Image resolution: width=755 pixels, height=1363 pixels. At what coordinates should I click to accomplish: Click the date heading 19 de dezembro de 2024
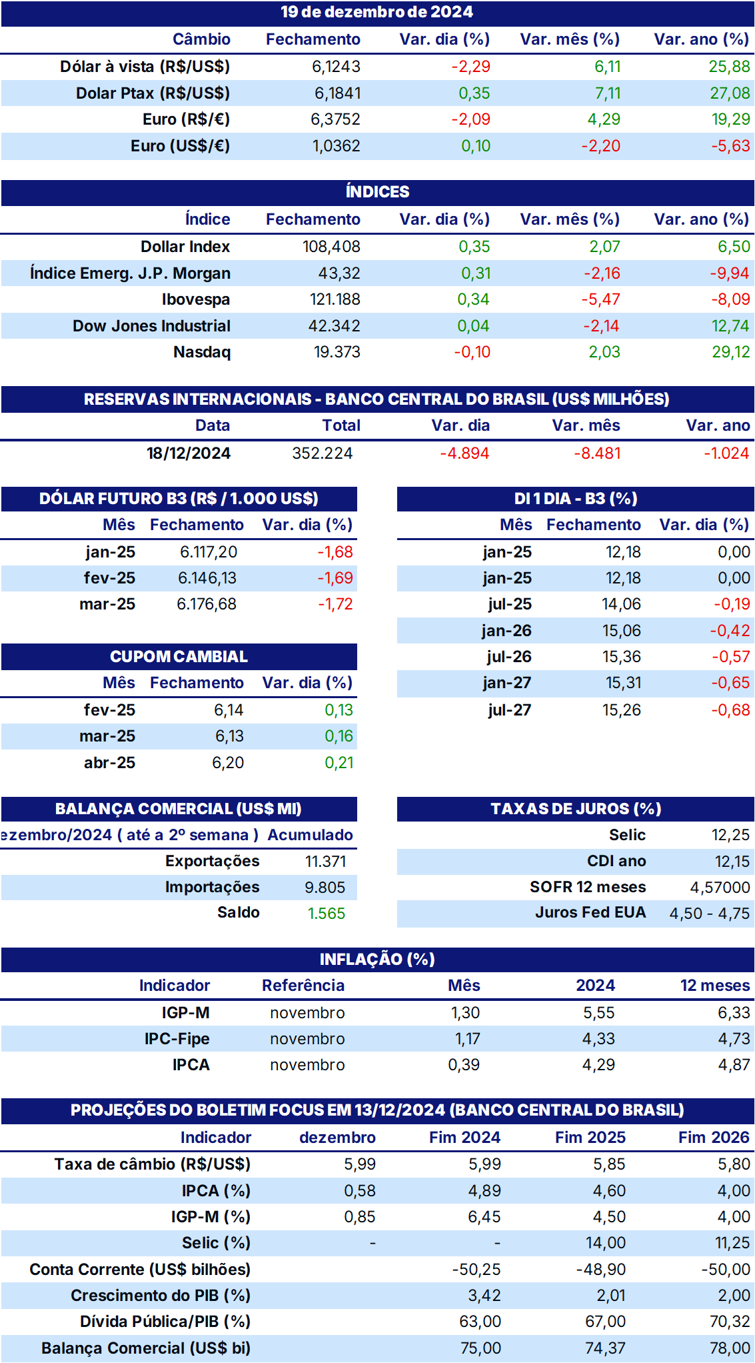pos(377,12)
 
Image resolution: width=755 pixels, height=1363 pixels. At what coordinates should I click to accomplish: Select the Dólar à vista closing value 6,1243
pos(336,67)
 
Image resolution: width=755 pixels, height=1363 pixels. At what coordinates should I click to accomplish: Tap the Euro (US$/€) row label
pos(180,146)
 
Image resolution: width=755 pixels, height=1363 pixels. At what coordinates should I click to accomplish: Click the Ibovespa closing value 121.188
pos(335,299)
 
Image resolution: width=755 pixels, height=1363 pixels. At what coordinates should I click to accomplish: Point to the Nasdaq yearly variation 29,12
pos(731,352)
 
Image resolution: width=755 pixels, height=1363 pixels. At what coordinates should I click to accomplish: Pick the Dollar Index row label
pos(185,247)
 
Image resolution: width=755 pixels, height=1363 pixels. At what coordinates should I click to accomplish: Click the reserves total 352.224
pos(323,453)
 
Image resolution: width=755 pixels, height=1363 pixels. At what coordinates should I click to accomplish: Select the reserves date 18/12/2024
pos(189,453)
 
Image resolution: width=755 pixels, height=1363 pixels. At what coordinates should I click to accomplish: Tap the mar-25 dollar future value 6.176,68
pos(207,604)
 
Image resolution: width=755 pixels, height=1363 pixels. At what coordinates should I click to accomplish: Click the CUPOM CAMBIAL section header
pos(179,657)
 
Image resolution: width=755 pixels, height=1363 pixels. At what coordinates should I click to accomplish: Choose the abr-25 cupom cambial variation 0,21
pos(339,763)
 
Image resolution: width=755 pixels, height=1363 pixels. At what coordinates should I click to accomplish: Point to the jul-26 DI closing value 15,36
pos(622,657)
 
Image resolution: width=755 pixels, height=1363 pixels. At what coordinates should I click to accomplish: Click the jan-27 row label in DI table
pos(507,683)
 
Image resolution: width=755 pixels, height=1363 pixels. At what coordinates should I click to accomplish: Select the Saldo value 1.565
pos(327,914)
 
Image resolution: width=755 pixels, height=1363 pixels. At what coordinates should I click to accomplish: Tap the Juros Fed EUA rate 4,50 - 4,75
pos(710,914)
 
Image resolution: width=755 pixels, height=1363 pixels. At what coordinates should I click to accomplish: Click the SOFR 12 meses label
pos(588,888)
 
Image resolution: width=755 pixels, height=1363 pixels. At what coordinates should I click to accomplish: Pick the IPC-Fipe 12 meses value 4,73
pos(734,1039)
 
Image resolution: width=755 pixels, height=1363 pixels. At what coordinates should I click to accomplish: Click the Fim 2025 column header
pos(590,1138)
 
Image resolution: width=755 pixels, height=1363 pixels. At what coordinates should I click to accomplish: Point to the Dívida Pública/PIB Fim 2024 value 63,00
pos(480,1322)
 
